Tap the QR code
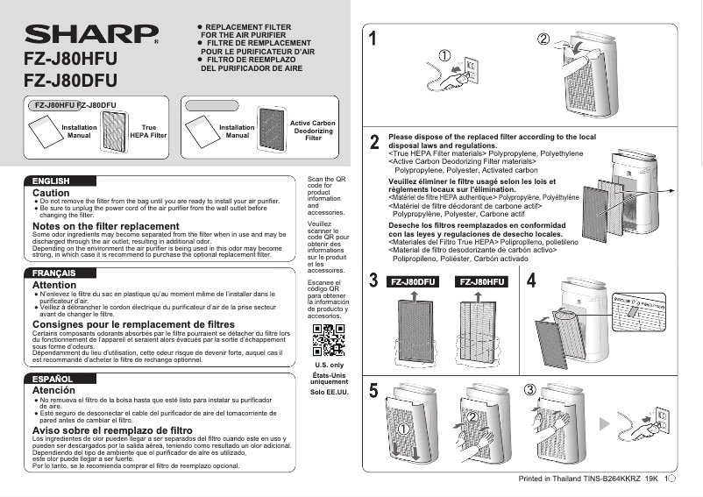pos(329,340)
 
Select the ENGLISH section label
pos(51,181)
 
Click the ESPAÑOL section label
pos(52,379)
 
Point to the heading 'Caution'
pos(51,193)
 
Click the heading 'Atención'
pos(54,390)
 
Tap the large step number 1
pos(373,39)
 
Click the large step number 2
pos(374,142)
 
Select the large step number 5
pos(374,391)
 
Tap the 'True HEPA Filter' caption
pos(148,132)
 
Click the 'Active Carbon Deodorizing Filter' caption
pos(313,131)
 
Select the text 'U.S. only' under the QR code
pos(329,365)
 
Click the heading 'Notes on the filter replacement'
pos(105,226)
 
